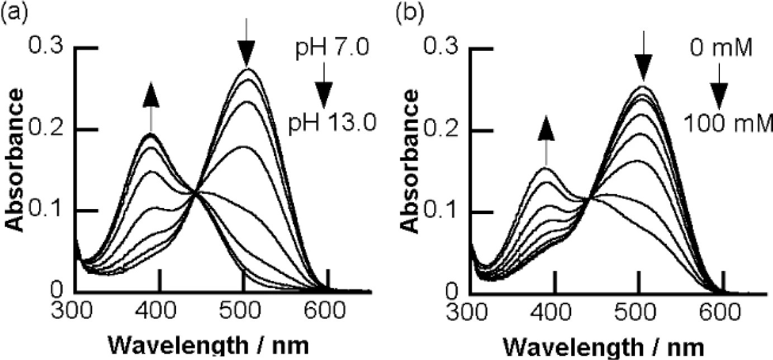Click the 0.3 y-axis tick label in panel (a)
coord(49,48)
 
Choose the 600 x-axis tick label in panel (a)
coord(326,311)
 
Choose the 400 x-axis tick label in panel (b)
coord(552,311)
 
